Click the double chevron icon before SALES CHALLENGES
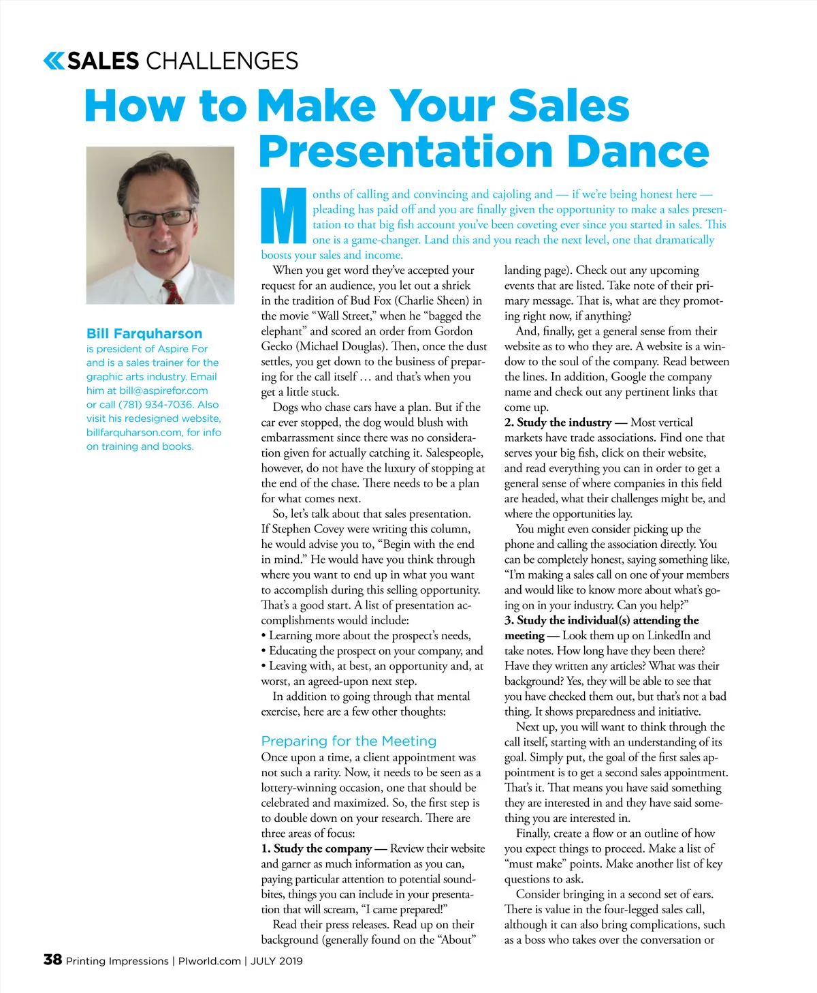click(x=54, y=61)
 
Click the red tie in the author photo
click(x=173, y=291)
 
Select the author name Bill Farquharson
click(x=144, y=333)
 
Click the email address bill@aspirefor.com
click(x=163, y=391)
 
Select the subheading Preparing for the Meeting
click(x=349, y=741)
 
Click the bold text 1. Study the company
click(x=317, y=849)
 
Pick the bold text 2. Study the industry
click(x=558, y=423)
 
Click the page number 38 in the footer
click(x=52, y=960)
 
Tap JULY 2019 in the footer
click(x=276, y=961)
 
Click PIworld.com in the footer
click(x=210, y=961)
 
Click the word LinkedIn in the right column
click(x=669, y=635)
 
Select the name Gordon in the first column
click(x=453, y=331)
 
